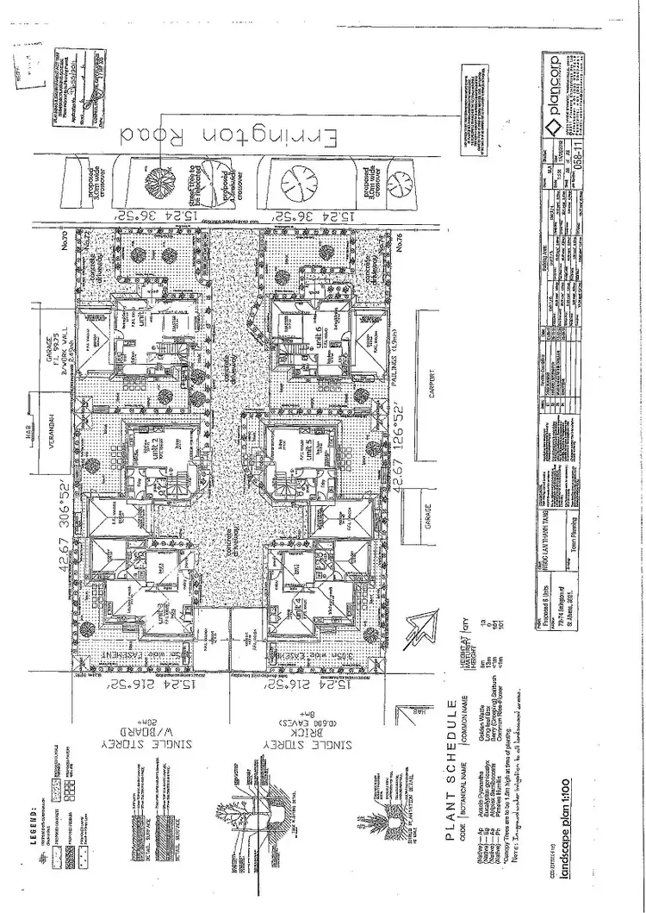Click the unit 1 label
tap(141, 310)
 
